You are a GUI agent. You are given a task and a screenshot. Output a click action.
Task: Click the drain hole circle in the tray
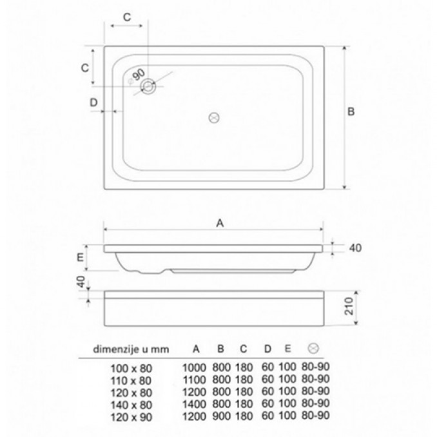coord(148,86)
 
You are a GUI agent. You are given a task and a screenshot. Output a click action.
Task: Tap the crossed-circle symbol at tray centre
coord(214,118)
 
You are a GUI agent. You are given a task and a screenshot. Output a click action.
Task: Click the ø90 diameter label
coord(136,76)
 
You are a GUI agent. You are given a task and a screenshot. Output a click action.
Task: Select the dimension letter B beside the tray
coord(351,112)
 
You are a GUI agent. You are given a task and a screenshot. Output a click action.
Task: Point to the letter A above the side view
coord(220,223)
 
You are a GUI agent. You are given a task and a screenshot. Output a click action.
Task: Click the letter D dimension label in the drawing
coord(93,102)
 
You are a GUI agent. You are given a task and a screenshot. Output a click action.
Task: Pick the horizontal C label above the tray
coord(127,17)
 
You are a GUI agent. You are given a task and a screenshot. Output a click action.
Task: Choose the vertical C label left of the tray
coord(85,68)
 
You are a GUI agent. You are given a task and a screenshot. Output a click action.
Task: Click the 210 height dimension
coord(349,306)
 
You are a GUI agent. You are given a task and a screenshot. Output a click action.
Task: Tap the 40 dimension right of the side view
coord(355,248)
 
